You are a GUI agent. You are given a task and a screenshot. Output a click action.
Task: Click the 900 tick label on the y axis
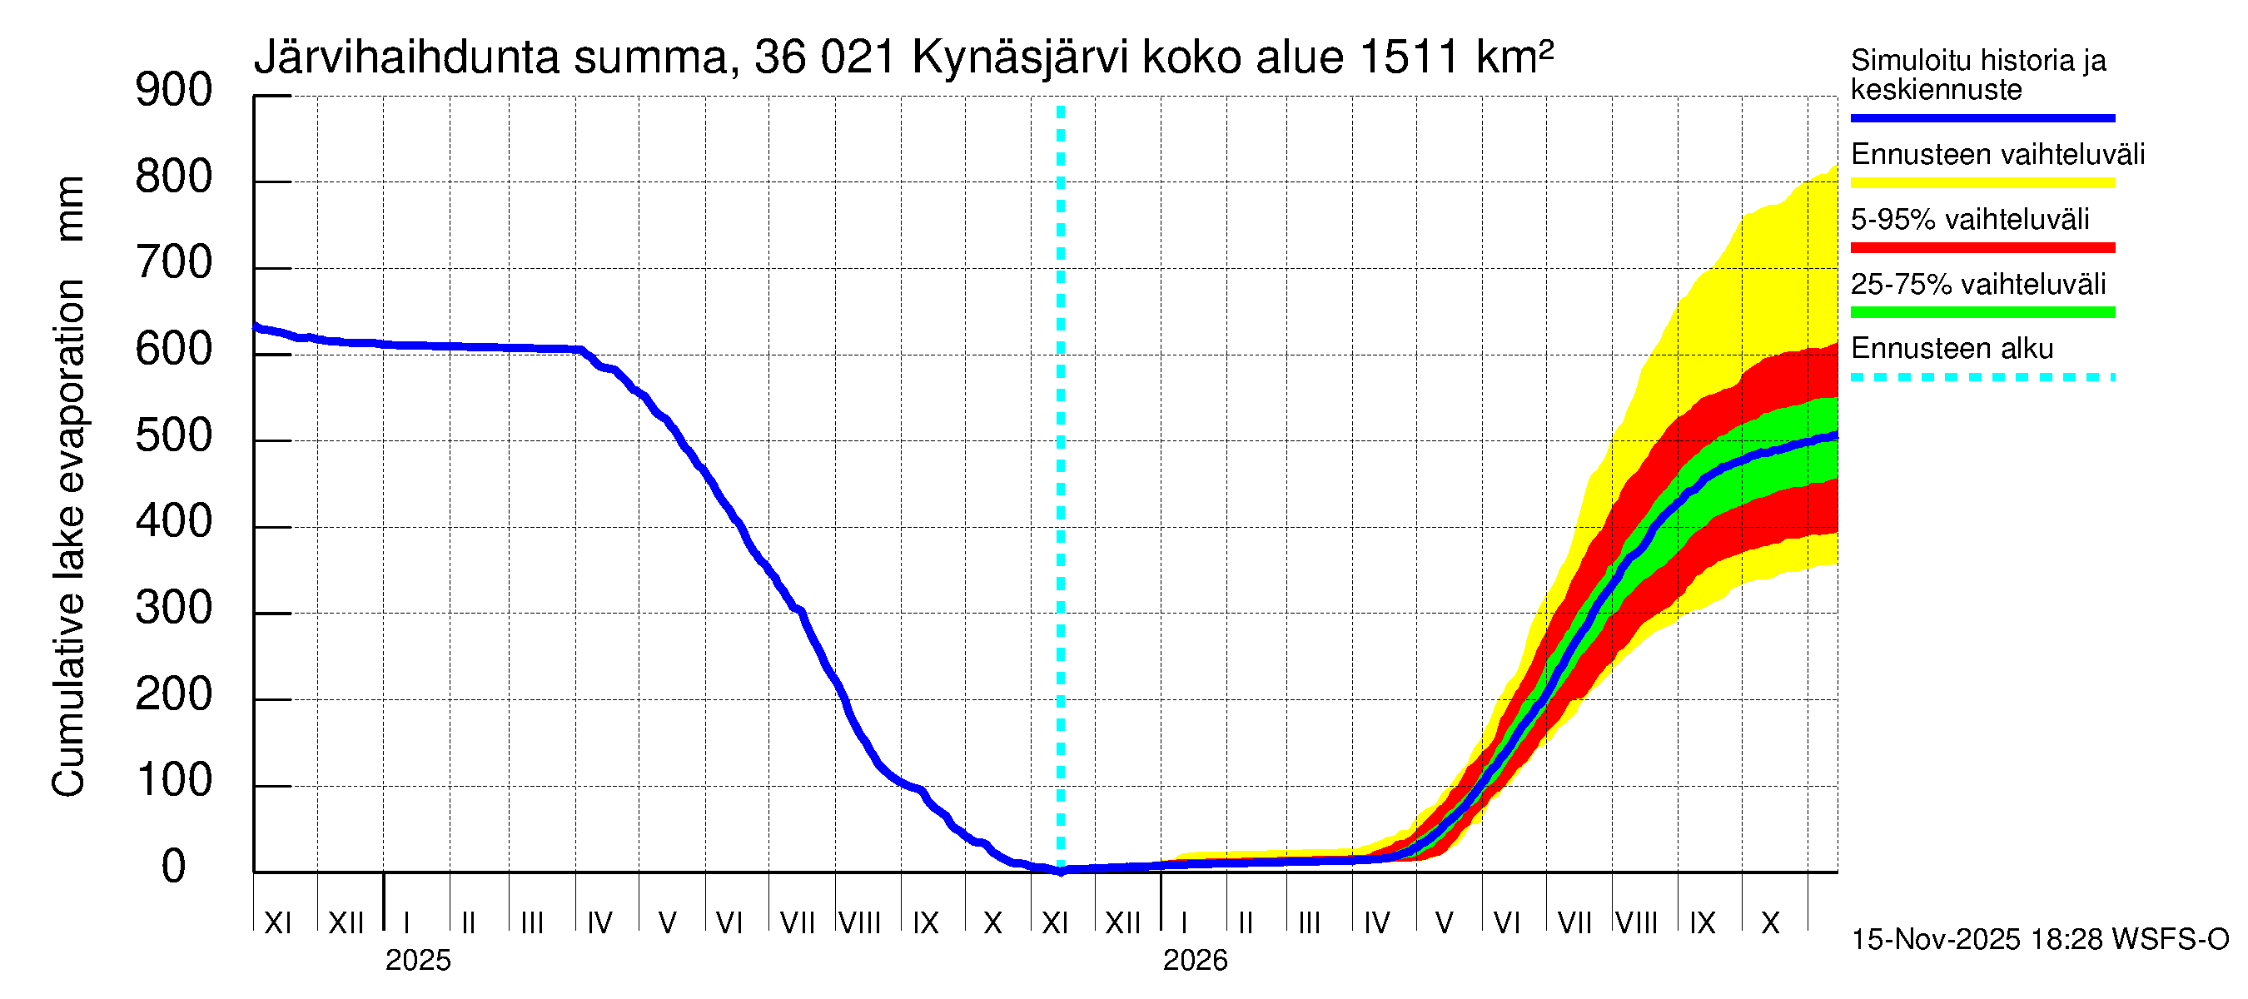click(x=174, y=90)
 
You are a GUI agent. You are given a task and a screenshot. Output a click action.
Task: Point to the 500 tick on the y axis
click(x=174, y=435)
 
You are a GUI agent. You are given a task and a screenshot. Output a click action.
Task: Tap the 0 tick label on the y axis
click(x=174, y=867)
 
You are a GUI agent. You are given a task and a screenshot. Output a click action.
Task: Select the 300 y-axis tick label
click(x=174, y=608)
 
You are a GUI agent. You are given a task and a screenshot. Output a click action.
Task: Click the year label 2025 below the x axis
click(x=418, y=961)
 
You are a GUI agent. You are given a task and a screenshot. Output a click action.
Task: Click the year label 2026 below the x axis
click(x=1195, y=961)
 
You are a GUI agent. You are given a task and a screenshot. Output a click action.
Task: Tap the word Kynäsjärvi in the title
click(x=1019, y=58)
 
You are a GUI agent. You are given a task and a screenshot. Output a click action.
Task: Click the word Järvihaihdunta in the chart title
click(x=406, y=58)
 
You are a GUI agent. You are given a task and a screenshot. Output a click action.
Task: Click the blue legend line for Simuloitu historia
click(x=1982, y=117)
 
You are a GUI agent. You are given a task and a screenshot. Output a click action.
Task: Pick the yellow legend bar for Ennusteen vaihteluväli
click(x=1982, y=183)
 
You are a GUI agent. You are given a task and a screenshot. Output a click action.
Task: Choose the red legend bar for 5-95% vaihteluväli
click(x=1982, y=248)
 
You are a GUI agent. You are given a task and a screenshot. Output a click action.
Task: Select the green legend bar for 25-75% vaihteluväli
click(x=1982, y=312)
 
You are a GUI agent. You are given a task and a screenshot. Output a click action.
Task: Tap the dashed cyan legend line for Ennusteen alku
click(x=1982, y=378)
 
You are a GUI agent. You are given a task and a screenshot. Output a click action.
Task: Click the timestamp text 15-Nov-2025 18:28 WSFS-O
click(x=2039, y=940)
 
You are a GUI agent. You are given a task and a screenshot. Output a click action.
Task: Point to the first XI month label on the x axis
click(x=277, y=923)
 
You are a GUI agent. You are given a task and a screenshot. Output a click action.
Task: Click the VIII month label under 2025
click(x=859, y=923)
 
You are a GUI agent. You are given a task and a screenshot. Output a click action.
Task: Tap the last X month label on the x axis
click(x=1770, y=923)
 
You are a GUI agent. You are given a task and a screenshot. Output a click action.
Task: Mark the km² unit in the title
click(x=1514, y=58)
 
